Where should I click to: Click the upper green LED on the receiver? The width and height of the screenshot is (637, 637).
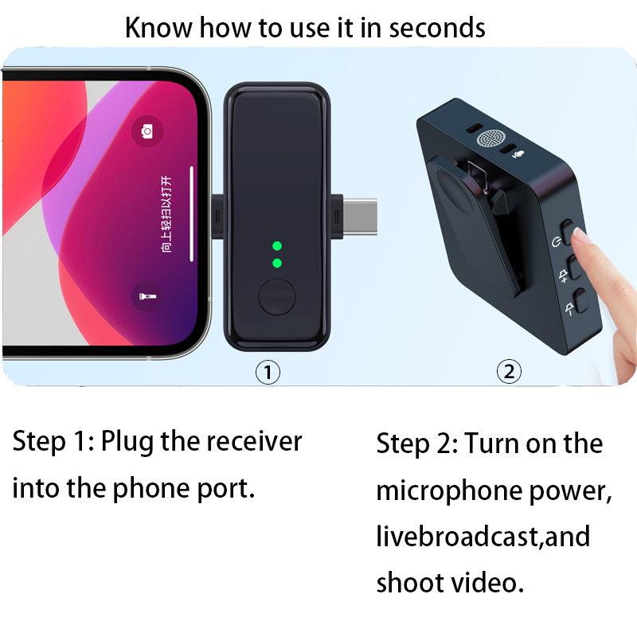[277, 245]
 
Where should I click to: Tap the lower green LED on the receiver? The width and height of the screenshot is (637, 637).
[277, 263]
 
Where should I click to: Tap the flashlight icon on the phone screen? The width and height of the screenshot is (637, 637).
[147, 297]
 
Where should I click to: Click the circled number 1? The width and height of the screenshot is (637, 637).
[268, 371]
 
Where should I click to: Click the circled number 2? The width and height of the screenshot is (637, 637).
[509, 371]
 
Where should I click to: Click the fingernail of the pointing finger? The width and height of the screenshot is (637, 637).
[579, 236]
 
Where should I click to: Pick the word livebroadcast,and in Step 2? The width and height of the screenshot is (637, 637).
[483, 536]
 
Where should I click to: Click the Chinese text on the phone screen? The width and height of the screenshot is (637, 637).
[166, 216]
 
